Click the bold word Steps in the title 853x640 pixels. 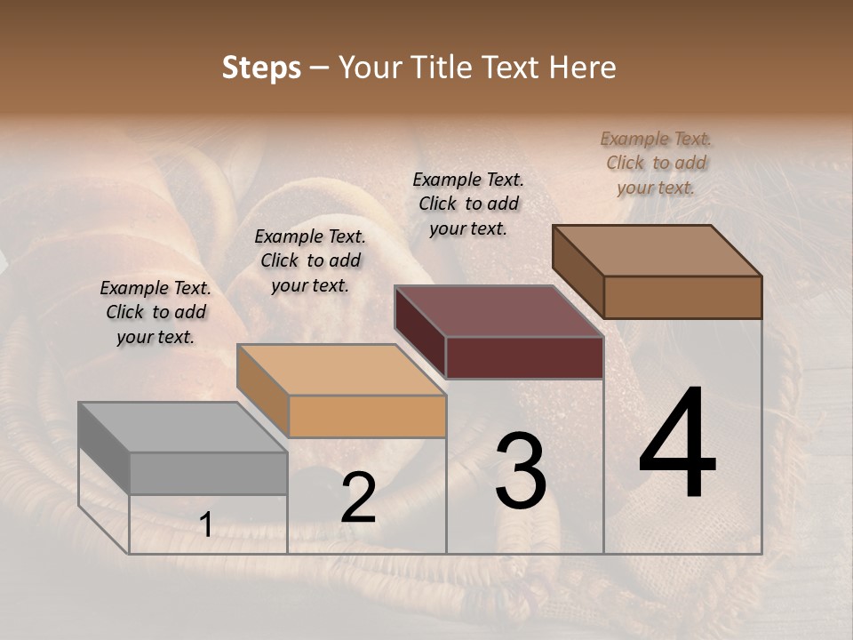click(261, 68)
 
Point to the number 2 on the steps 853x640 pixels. click(358, 498)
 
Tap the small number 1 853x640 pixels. click(205, 525)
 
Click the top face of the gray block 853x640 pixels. click(182, 427)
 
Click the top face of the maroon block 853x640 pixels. click(498, 311)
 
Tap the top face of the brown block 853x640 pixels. click(657, 251)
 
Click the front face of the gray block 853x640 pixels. click(209, 473)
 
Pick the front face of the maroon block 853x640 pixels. click(524, 357)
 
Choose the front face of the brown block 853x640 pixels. click(682, 297)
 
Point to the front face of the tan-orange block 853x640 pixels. click(367, 416)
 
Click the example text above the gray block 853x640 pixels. click(155, 312)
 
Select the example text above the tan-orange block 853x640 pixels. click(310, 260)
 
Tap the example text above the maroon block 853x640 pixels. click(468, 204)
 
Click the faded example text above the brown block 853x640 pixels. click(656, 163)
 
